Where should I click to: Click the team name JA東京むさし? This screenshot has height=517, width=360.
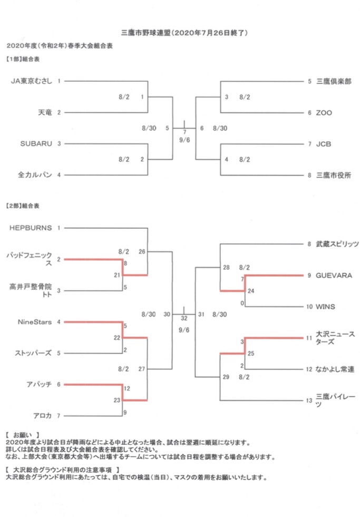[x=32, y=81]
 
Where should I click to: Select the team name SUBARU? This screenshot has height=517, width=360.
[x=36, y=144]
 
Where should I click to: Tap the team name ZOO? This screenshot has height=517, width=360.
[x=324, y=113]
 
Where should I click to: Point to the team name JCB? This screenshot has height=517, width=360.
[x=324, y=144]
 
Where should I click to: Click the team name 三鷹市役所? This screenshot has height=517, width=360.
[x=334, y=175]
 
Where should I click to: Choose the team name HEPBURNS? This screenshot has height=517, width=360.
[x=31, y=228]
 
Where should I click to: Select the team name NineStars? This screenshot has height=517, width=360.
[x=35, y=322]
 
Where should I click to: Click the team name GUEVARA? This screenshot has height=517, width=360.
[x=334, y=275]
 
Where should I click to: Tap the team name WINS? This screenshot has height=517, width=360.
[x=325, y=307]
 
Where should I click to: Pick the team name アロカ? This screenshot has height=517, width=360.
[x=42, y=416]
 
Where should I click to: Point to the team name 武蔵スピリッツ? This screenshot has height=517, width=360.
[x=337, y=244]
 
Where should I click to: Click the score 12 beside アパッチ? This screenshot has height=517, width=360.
[x=127, y=388]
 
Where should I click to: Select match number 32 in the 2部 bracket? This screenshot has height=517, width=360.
[x=184, y=318]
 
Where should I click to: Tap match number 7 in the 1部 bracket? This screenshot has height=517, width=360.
[x=184, y=132]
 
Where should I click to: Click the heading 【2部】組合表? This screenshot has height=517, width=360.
[x=23, y=206]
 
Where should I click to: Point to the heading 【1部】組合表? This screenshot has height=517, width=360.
[x=23, y=59]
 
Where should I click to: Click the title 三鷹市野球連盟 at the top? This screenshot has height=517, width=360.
[x=146, y=33]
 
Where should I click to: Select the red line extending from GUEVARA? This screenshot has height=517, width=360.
[x=274, y=275]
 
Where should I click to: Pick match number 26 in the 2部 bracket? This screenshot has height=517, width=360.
[x=142, y=251]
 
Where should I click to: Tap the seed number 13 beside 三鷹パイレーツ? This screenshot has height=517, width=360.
[x=309, y=401]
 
